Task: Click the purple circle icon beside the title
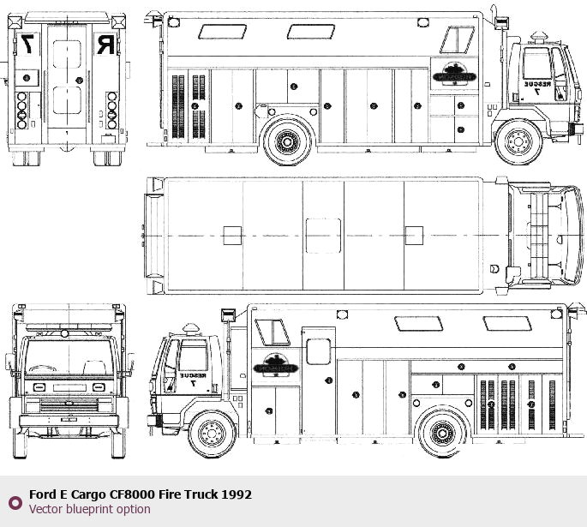tap(15, 502)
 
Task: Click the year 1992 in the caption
tap(237, 494)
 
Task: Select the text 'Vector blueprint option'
tap(89, 509)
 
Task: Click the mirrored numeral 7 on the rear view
tap(28, 44)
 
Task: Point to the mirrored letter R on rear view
tap(105, 44)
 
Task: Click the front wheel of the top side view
tap(518, 141)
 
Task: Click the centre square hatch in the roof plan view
tap(323, 234)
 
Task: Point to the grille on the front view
tap(66, 404)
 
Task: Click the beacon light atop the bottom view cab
tap(190, 328)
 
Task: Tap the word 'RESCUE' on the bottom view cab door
tap(193, 375)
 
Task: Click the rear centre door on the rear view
tap(67, 77)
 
